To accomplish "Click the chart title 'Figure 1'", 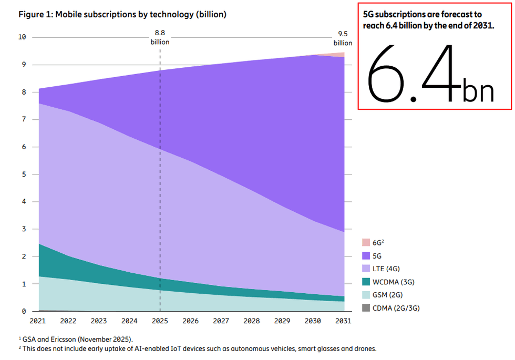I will [x=122, y=15].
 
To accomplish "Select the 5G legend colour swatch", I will [x=366, y=255].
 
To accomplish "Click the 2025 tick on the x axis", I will [x=160, y=321].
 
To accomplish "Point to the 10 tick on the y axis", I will [x=22, y=37].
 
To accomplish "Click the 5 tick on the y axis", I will [x=24, y=174].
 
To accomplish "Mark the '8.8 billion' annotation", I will [x=160, y=37].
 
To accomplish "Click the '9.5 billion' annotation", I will [x=342, y=38].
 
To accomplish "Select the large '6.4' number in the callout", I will [x=410, y=74].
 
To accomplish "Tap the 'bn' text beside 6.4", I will [x=478, y=90].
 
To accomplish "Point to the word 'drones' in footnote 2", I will [x=366, y=348].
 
